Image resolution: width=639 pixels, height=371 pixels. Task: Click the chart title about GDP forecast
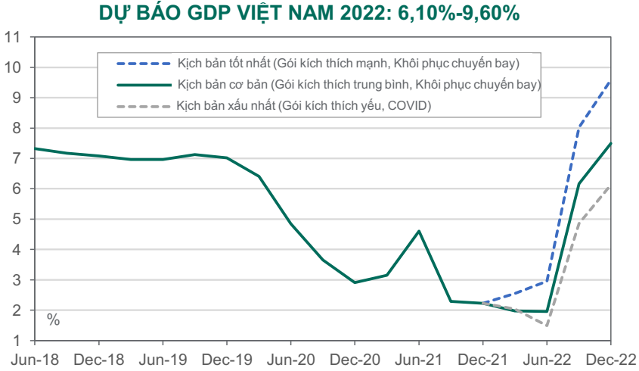click(309, 13)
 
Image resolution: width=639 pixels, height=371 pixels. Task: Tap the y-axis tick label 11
click(12, 38)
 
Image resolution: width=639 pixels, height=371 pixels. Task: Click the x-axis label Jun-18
click(35, 360)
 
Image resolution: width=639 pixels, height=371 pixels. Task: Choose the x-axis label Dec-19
click(227, 360)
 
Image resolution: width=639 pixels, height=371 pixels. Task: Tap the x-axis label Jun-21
click(419, 360)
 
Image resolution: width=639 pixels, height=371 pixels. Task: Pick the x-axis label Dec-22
click(611, 360)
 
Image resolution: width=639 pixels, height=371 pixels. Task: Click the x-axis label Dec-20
click(355, 360)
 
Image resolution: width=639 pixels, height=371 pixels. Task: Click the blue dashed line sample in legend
click(144, 64)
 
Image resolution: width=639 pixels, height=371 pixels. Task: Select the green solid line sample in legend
click(144, 85)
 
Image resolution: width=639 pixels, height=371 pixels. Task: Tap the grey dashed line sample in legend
click(144, 107)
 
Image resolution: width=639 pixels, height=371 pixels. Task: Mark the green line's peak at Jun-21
click(419, 231)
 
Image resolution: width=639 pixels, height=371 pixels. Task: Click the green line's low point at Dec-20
click(355, 282)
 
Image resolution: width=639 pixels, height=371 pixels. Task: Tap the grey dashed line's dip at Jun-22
click(547, 326)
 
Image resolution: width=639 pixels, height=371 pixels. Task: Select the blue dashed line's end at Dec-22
click(610, 82)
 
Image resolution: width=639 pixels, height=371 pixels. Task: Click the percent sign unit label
click(54, 320)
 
